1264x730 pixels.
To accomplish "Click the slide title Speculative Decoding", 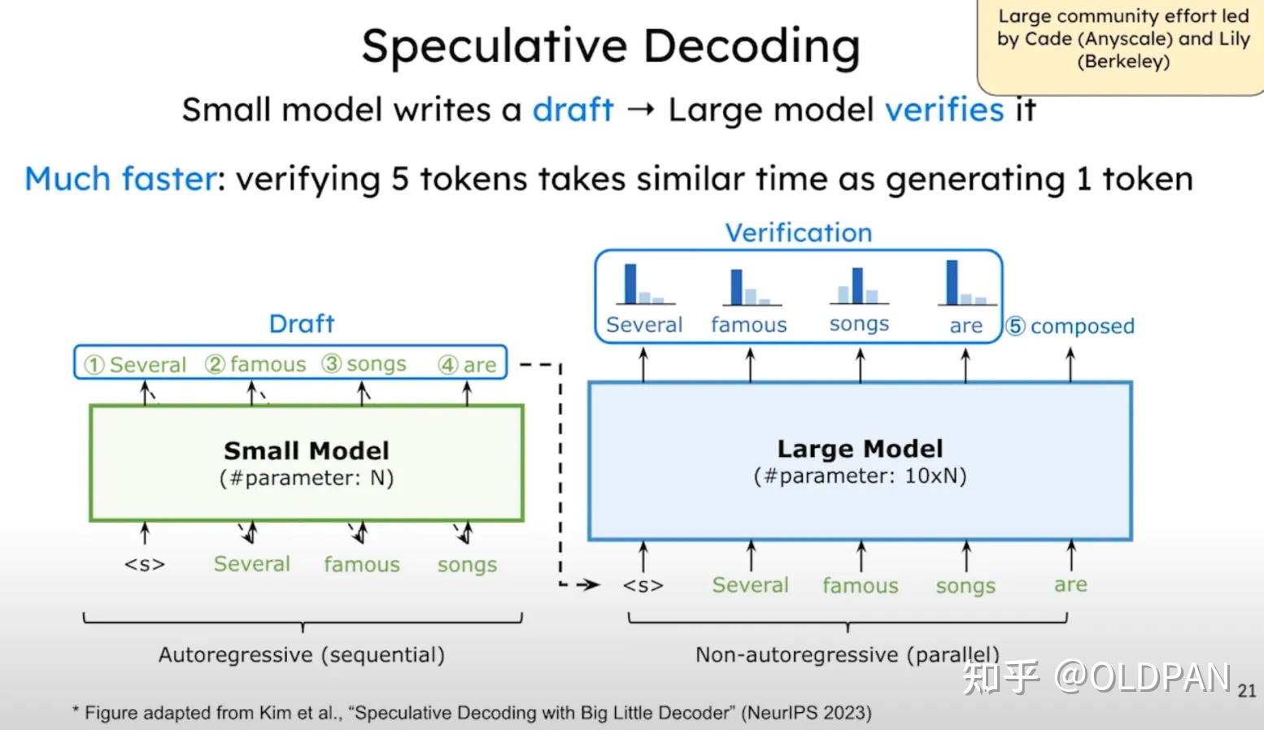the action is pos(611,47).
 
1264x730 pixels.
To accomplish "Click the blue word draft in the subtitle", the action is pos(573,110).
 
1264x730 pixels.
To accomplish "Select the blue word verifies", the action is pos(944,109).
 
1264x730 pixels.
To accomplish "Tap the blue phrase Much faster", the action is pos(120,179).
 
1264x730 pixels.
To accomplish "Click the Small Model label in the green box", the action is pos(307,450).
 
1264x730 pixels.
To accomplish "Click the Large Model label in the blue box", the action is pos(860,449).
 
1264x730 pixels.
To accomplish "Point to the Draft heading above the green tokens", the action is pos(301,324).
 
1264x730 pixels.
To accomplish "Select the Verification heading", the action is pos(799,233).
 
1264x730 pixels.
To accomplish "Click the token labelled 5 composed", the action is pos(1070,326).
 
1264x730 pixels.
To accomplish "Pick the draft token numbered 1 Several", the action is pos(135,364).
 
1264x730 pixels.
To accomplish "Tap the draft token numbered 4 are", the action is pos(467,364).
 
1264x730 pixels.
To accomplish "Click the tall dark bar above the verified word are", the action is pos(952,282).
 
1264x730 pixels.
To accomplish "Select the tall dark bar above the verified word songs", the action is pos(857,285).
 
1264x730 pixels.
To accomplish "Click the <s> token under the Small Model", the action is pos(145,564).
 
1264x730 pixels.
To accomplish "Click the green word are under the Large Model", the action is pos(1070,585).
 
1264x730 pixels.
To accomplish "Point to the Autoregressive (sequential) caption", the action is pos(302,655).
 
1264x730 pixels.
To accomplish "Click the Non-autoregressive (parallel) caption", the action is pos(848,655).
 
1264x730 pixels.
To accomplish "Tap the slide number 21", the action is pos(1246,691).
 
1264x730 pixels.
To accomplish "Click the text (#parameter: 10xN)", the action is pos(860,476).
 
